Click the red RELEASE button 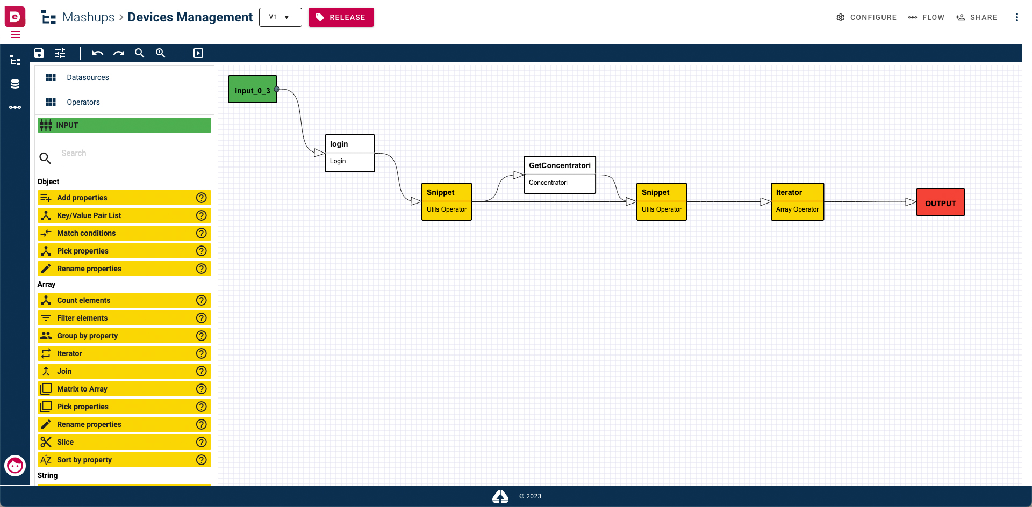click(x=341, y=17)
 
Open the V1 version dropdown click(x=280, y=17)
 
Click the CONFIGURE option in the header click(x=866, y=17)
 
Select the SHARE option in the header click(x=977, y=17)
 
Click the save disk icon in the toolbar click(x=39, y=53)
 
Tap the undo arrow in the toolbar click(x=97, y=53)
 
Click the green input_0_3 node click(x=253, y=89)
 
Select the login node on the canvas click(x=350, y=153)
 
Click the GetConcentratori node click(x=560, y=175)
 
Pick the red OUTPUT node click(x=941, y=202)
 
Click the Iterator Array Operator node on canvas click(x=797, y=201)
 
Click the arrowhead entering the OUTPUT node click(x=911, y=202)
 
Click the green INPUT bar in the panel click(x=124, y=125)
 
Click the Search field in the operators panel click(x=134, y=154)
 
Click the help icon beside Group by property click(x=202, y=336)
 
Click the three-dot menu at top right click(x=1016, y=17)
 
